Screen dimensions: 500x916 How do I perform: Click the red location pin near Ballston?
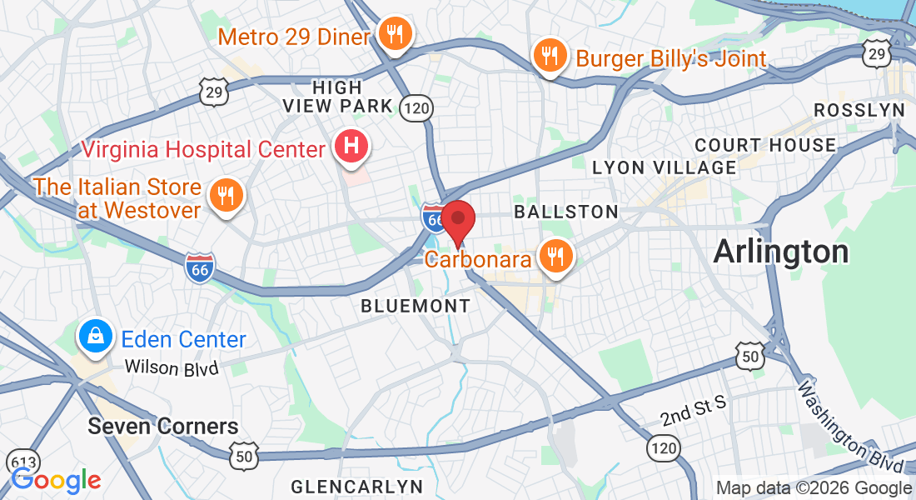[x=457, y=219]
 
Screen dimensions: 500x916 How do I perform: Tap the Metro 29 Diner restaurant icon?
[x=391, y=34]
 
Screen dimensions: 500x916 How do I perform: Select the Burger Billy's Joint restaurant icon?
[x=549, y=57]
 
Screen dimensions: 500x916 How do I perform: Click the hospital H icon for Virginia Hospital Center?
[x=351, y=147]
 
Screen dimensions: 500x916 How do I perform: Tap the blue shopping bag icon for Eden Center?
[x=96, y=337]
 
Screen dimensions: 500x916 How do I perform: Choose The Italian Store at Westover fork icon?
[x=225, y=197]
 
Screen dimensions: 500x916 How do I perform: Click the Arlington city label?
[x=780, y=251]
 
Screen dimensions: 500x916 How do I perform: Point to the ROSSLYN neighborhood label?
[x=859, y=110]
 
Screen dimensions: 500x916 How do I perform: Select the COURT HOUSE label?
[x=765, y=145]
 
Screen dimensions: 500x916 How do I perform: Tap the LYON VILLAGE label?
[x=664, y=167]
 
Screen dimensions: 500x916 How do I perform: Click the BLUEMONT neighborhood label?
[x=416, y=307]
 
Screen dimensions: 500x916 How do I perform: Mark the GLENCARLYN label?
[x=356, y=486]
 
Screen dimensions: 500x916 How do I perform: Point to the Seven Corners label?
[x=163, y=427]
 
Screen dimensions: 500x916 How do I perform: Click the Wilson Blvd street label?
[x=171, y=367]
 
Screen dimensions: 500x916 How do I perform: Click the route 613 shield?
[x=22, y=462]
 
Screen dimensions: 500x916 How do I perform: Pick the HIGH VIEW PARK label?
[x=338, y=96]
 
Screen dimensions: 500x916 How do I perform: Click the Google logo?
[x=56, y=481]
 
